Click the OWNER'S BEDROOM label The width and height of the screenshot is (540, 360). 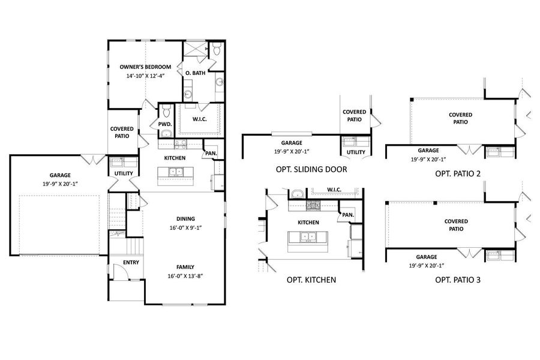(145, 67)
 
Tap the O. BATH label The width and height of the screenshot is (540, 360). (195, 73)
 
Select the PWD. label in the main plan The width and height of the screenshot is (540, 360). (165, 124)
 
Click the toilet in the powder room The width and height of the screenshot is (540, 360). (166, 112)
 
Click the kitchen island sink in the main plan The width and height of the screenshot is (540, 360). (176, 173)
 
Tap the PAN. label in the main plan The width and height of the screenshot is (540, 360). (211, 154)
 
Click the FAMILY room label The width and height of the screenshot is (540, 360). (185, 267)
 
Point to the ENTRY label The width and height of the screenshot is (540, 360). (131, 262)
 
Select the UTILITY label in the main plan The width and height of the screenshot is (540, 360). (124, 174)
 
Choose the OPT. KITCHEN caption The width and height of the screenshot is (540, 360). (311, 280)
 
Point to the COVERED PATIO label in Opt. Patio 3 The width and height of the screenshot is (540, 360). (456, 225)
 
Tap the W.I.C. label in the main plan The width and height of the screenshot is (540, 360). (200, 119)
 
